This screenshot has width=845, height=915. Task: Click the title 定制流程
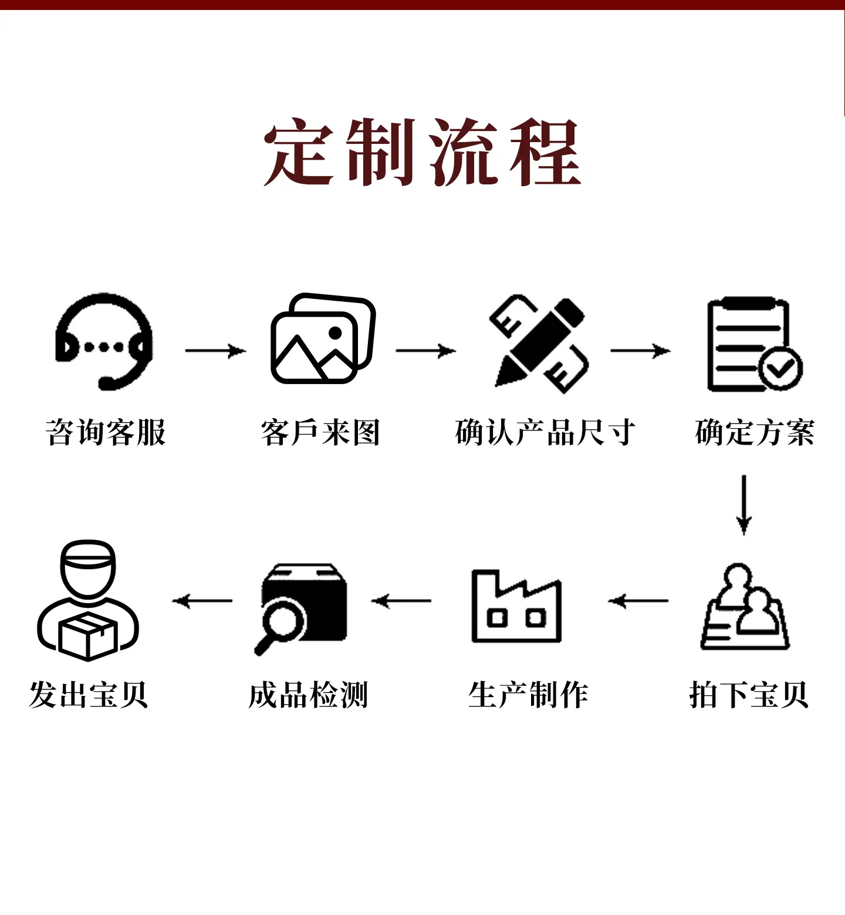[422, 152]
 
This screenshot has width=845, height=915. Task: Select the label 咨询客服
[106, 432]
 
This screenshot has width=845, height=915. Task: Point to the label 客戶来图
[320, 432]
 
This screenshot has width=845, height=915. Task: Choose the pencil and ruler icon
[539, 344]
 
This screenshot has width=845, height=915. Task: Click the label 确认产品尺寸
[545, 432]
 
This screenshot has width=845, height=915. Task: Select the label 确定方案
[755, 432]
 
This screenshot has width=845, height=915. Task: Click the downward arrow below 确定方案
[744, 505]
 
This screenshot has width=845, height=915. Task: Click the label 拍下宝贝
[749, 695]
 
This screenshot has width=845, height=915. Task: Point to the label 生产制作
[528, 695]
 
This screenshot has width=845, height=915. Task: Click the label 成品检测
[308, 695]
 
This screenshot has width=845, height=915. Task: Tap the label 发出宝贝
[88, 695]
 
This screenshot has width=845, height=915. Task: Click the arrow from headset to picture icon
[215, 351]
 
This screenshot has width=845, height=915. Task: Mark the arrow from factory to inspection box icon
[401, 601]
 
